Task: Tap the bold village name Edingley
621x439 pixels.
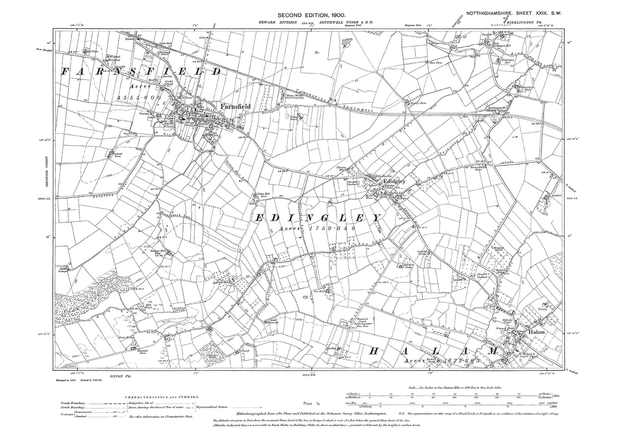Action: point(393,182)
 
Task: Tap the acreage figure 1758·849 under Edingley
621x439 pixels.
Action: point(317,229)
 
